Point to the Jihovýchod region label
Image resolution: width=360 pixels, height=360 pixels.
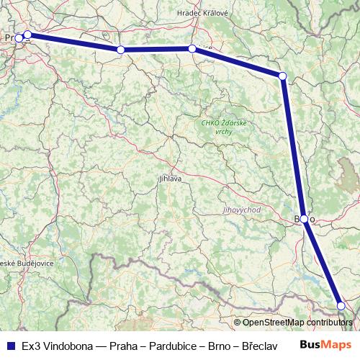click(241, 210)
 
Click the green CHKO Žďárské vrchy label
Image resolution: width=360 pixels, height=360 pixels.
click(224, 127)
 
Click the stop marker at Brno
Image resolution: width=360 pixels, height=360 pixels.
click(305, 219)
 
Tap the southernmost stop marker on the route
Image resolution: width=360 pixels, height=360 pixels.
click(341, 306)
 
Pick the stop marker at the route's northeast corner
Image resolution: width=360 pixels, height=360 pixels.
click(283, 76)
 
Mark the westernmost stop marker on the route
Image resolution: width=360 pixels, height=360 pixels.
click(19, 37)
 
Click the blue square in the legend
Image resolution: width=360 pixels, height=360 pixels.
click(10, 346)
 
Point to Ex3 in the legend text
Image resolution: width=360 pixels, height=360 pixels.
click(31, 346)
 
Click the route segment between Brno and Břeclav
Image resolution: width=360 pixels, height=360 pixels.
click(323, 262)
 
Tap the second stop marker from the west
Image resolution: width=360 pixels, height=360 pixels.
click(27, 34)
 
